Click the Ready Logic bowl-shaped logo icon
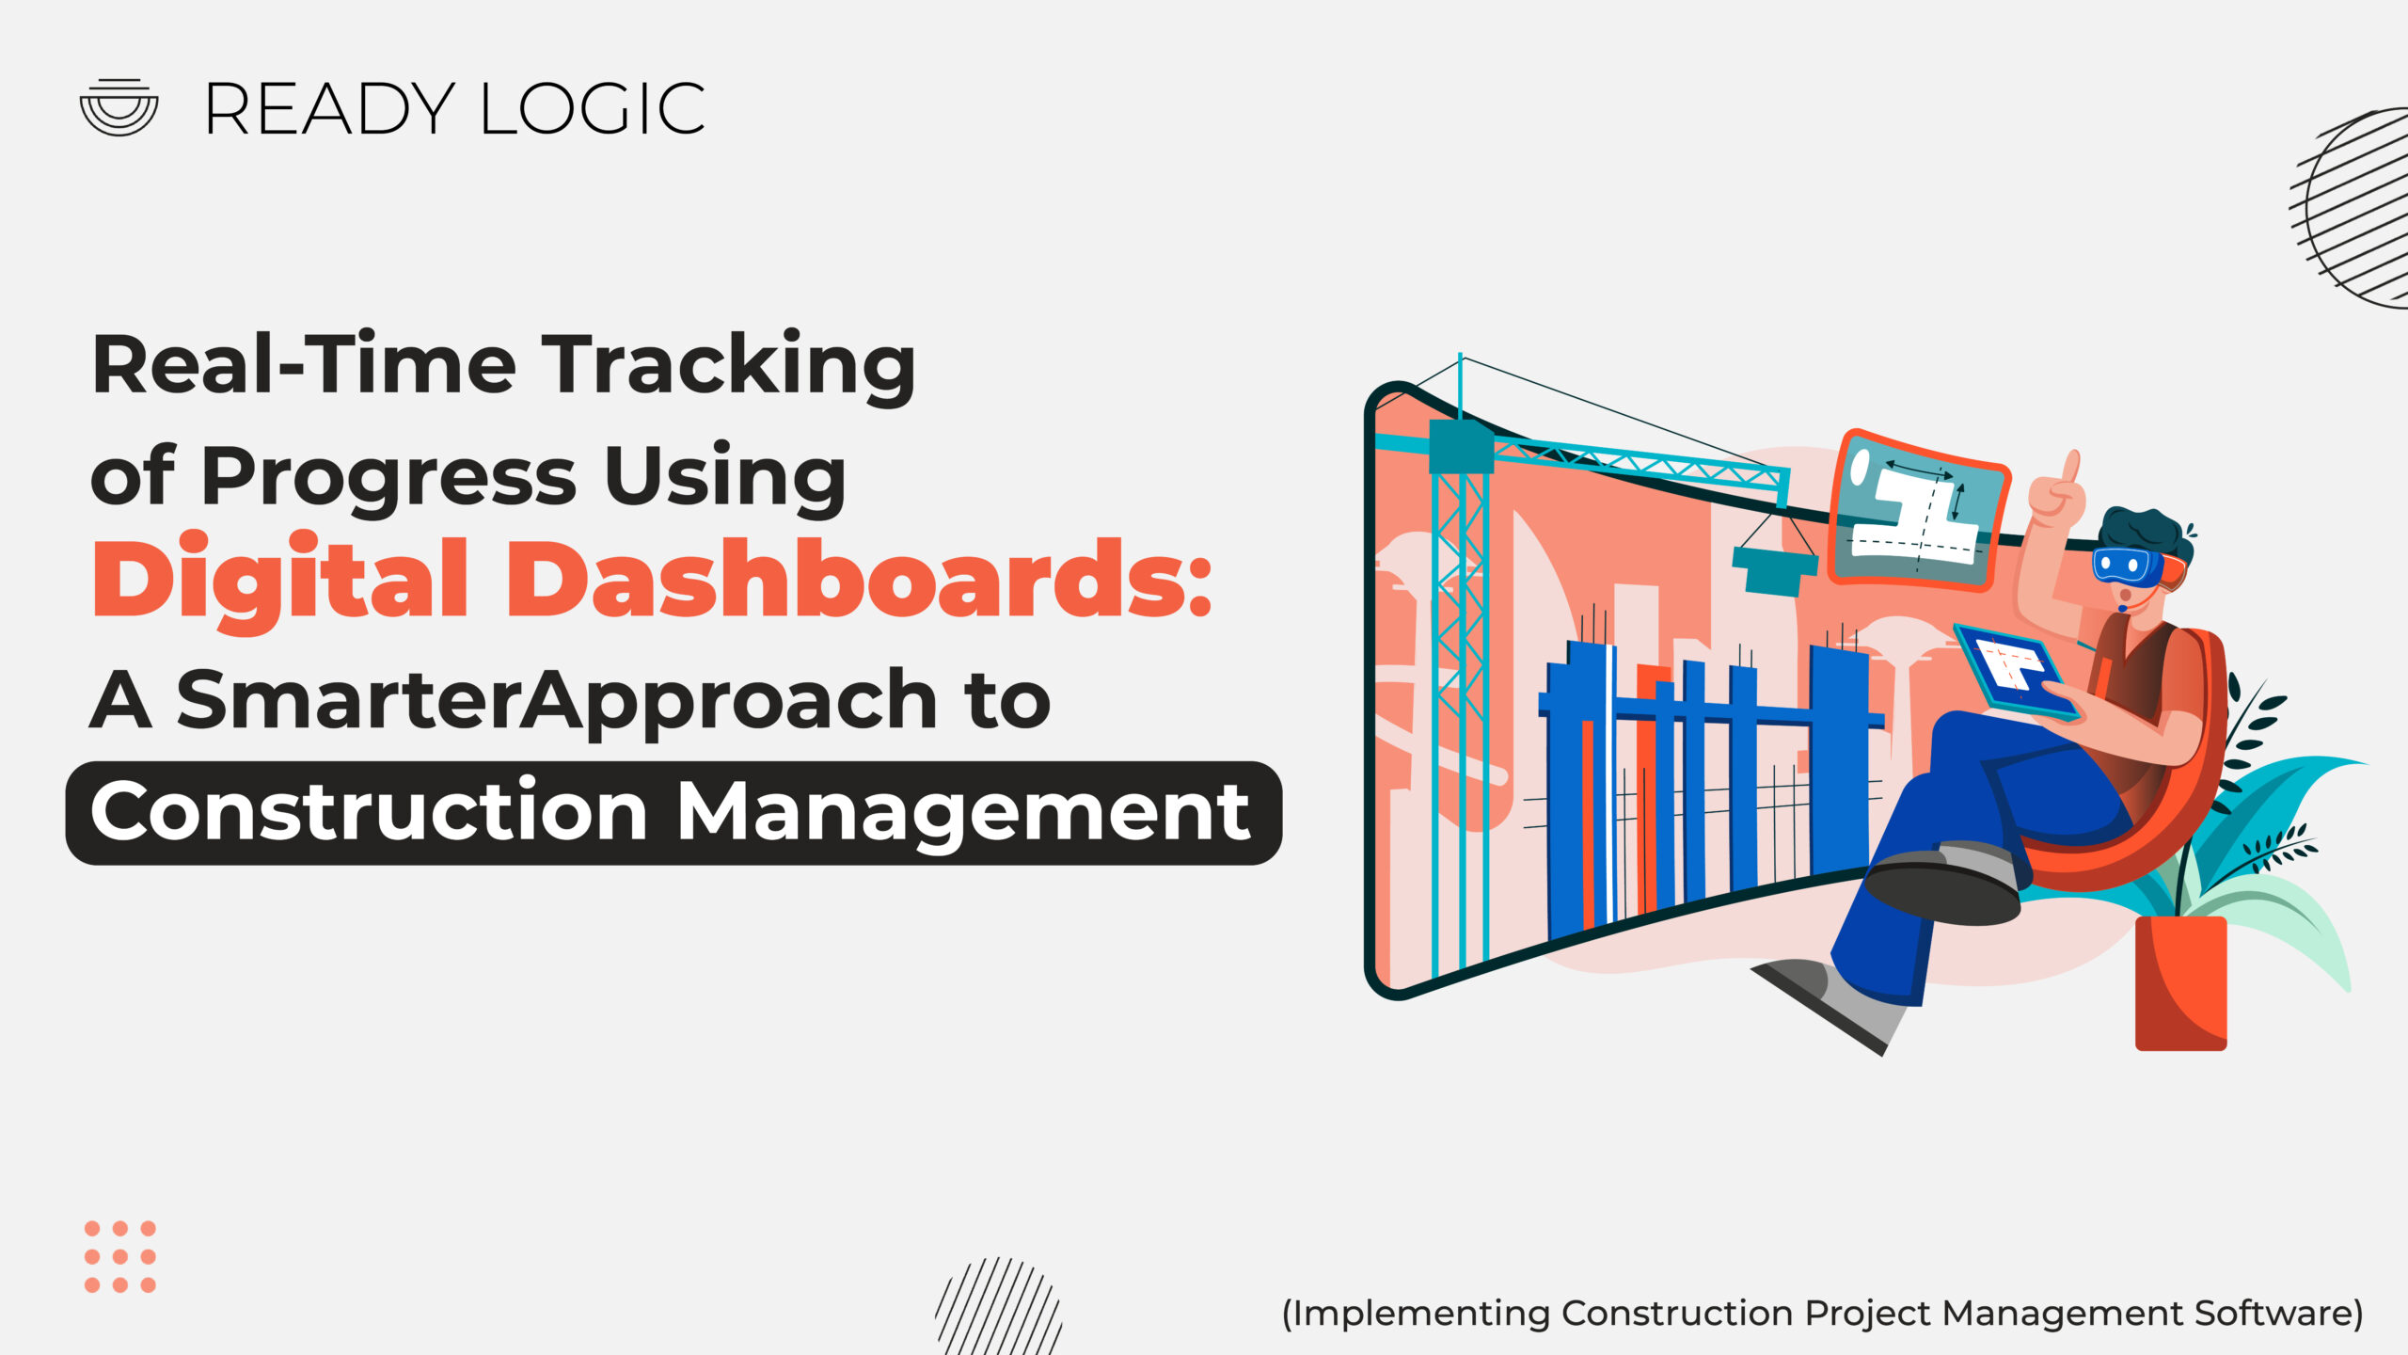click(x=119, y=107)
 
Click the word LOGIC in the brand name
click(x=593, y=109)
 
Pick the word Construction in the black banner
click(x=370, y=810)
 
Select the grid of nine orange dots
click(x=120, y=1256)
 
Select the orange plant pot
click(x=2180, y=982)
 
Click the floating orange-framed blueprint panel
click(x=1920, y=511)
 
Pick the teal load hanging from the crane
click(x=1774, y=569)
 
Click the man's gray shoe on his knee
click(x=1943, y=885)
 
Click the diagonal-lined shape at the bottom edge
click(x=999, y=1307)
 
